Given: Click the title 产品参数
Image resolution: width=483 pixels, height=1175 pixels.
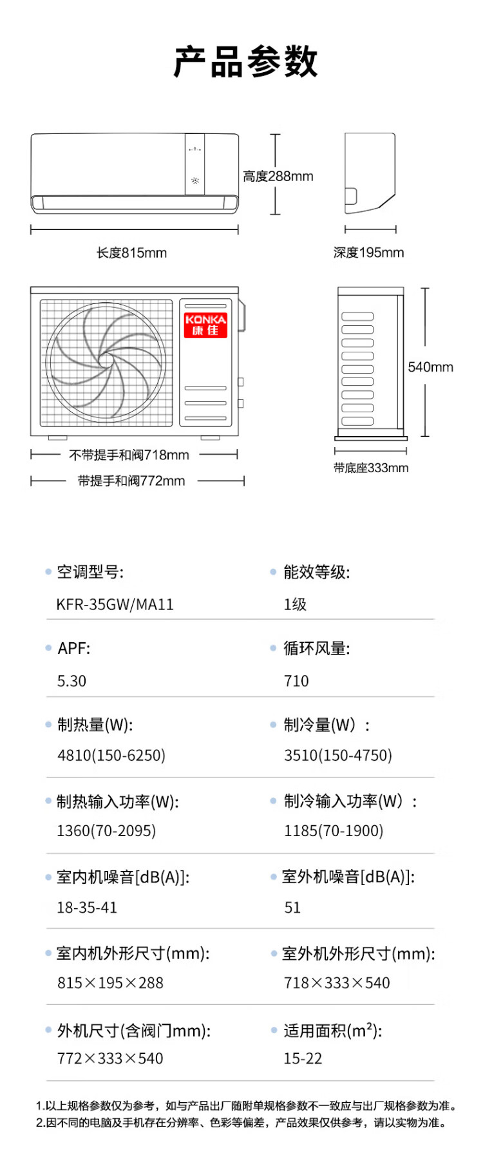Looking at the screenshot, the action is pos(245,62).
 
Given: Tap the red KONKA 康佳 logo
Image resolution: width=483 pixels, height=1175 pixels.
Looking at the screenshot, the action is pos(205,325).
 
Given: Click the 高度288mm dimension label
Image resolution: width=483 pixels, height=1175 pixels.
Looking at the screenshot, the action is pos(278,177).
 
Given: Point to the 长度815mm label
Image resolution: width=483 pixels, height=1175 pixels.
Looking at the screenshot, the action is pos(131,253).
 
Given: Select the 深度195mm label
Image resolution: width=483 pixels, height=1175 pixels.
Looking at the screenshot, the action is pos(369,253).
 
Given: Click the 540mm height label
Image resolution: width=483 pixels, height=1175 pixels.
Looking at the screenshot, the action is pos(431,367).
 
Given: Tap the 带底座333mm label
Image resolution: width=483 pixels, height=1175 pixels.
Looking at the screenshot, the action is pos(371,468).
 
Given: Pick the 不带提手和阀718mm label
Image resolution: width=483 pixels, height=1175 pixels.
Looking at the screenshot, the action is pos(129,455).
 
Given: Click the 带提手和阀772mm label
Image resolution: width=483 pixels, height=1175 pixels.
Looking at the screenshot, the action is pos(131,481).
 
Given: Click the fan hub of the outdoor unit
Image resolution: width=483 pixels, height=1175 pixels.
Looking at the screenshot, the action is pos(106,361).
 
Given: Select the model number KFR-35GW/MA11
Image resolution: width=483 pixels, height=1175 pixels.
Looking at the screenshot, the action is pos(115,605).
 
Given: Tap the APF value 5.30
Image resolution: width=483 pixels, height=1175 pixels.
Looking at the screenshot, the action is pos(71,682).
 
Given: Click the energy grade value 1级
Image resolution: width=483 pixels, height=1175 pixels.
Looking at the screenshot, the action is pos(295,605).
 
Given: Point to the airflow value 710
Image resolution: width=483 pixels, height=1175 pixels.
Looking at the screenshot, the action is pos(296,682).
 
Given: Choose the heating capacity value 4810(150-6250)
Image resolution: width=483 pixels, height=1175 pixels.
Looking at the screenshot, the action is pos(111,756).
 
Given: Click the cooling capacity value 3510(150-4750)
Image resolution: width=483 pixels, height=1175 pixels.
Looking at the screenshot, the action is pos(338,756).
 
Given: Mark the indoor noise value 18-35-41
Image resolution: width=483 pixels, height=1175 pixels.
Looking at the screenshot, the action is pos(87,908).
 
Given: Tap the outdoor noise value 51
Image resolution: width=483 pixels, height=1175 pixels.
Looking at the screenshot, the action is pos(292,908).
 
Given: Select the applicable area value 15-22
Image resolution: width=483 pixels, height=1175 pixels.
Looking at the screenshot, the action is pos(303,1059).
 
